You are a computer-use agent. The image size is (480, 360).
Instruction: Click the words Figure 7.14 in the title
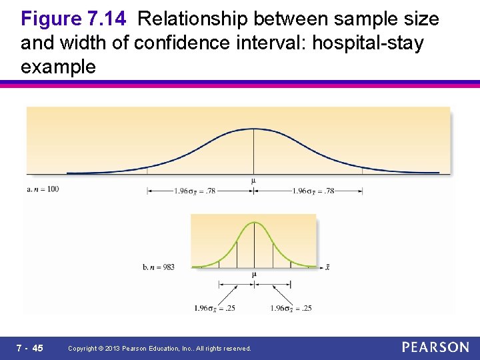(74, 19)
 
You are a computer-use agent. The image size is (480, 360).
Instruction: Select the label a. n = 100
(43, 189)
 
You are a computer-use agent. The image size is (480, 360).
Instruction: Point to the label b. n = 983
(159, 267)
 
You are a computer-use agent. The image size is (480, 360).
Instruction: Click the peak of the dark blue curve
(253, 129)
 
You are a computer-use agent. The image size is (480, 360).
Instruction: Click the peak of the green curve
(254, 223)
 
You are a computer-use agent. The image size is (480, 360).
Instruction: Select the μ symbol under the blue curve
(253, 181)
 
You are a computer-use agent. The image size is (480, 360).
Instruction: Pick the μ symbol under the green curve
(254, 274)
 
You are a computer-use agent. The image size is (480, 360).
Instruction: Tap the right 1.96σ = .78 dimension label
(313, 191)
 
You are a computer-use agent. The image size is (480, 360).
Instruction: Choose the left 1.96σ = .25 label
(215, 308)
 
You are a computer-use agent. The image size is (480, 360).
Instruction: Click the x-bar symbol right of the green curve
(327, 267)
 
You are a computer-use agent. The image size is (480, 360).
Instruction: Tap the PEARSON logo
(435, 347)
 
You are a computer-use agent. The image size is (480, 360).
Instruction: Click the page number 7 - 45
(30, 348)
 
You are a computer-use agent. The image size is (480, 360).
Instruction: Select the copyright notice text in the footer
(160, 349)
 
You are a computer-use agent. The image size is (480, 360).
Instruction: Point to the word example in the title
(58, 67)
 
